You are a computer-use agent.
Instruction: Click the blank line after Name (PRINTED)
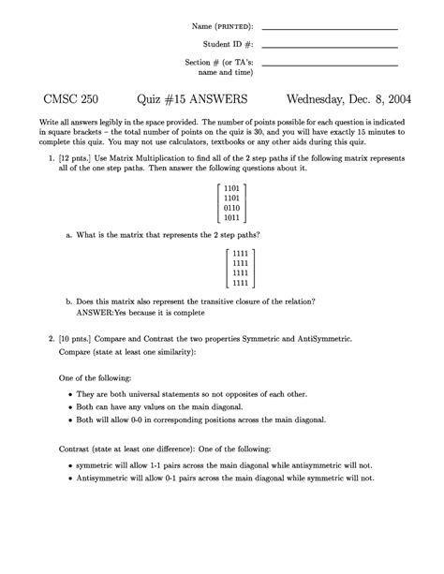tap(330, 28)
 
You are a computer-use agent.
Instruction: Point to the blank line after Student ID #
tap(330, 45)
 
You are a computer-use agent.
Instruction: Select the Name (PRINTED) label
tap(221, 25)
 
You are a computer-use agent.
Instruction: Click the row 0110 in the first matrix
tap(232, 208)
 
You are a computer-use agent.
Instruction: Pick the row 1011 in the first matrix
tap(232, 218)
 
